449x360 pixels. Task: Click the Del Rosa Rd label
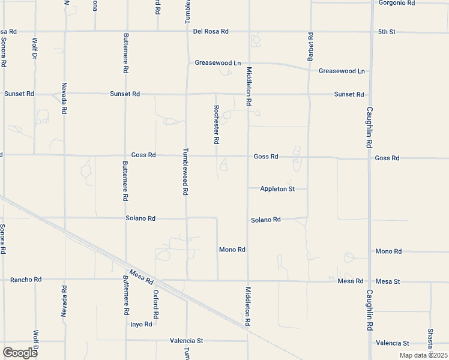pyautogui.click(x=211, y=31)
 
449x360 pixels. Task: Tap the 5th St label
pyautogui.click(x=387, y=31)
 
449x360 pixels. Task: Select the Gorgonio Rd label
pyautogui.click(x=397, y=3)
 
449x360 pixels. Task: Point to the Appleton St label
pyautogui.click(x=277, y=189)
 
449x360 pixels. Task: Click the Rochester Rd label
pyautogui.click(x=216, y=124)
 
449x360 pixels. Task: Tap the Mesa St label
pyautogui.click(x=387, y=281)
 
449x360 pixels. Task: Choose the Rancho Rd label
pyautogui.click(x=26, y=280)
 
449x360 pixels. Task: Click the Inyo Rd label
pyautogui.click(x=142, y=325)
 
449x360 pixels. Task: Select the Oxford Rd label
pyautogui.click(x=155, y=304)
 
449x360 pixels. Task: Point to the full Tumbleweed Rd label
pyautogui.click(x=186, y=172)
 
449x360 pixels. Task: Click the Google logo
pyautogui.click(x=20, y=352)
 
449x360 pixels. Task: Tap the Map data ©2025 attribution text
pyautogui.click(x=424, y=355)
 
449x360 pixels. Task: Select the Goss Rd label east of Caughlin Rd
pyautogui.click(x=387, y=158)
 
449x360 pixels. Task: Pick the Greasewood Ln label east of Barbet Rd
pyautogui.click(x=342, y=71)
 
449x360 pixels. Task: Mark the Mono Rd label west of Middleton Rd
pyautogui.click(x=232, y=250)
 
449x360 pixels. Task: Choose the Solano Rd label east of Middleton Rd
pyautogui.click(x=265, y=220)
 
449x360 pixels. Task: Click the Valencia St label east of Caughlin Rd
pyautogui.click(x=392, y=343)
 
